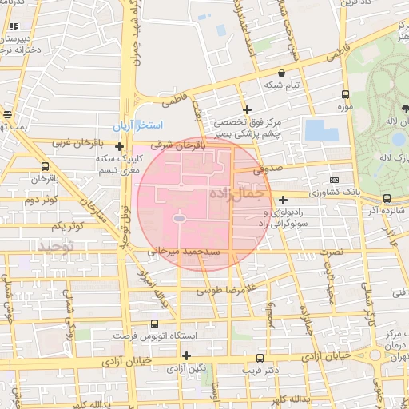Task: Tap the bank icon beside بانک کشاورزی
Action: click(334, 181)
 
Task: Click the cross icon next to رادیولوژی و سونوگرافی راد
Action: click(284, 200)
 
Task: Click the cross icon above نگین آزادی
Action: click(186, 355)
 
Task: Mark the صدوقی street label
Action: click(268, 169)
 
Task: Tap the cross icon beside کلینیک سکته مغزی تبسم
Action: click(119, 146)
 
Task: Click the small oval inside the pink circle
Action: click(179, 218)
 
